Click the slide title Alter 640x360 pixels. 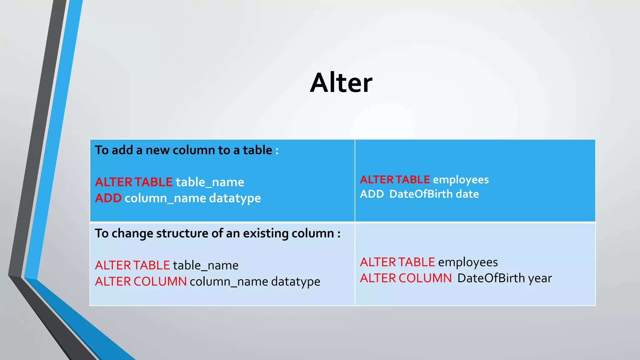[x=341, y=83]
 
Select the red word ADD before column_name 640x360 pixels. [x=108, y=198]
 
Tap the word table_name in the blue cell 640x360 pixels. [x=210, y=182]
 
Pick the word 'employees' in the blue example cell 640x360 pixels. [x=461, y=180]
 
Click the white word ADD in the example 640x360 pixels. [x=372, y=194]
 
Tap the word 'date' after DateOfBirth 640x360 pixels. [x=467, y=194]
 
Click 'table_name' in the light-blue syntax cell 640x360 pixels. [x=206, y=266]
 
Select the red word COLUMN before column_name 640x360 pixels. [x=160, y=282]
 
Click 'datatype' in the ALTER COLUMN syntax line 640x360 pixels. [x=295, y=282]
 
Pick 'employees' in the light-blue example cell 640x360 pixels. [x=468, y=262]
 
